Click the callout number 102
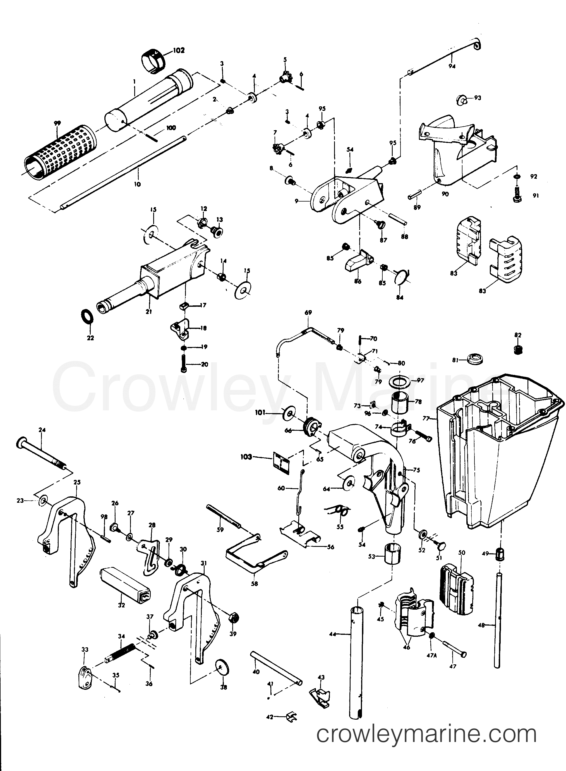(x=179, y=50)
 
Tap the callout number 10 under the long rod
(x=137, y=184)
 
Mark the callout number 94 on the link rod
(x=452, y=66)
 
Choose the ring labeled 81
(x=474, y=360)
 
